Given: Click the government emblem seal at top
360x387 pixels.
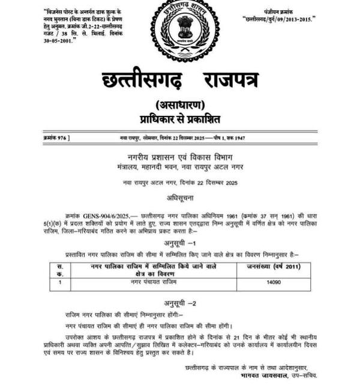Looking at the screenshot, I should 184,28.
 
